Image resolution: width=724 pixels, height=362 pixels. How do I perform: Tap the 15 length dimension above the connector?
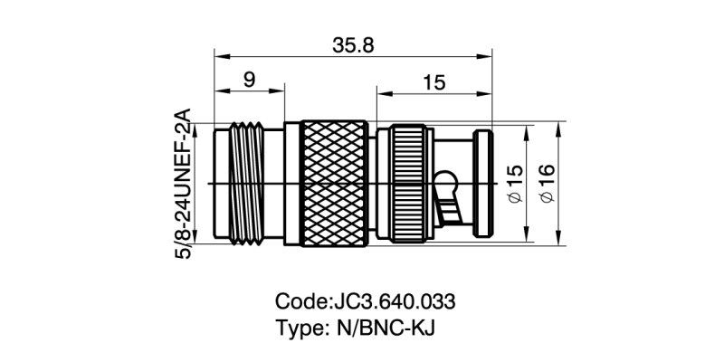coord(433,82)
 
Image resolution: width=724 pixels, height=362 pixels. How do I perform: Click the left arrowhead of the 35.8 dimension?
coord(217,57)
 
